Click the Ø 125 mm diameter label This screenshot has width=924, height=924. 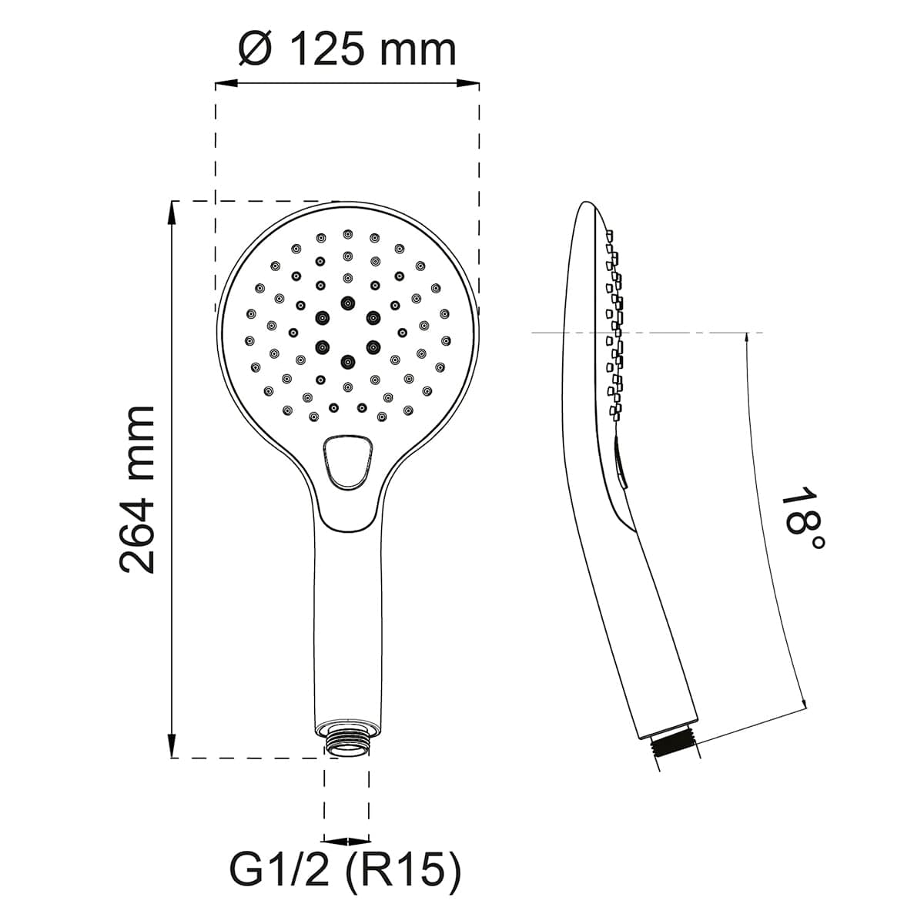pos(347,49)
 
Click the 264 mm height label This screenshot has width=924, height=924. pos(136,490)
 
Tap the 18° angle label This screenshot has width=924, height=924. pos(802,518)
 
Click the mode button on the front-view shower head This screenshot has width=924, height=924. pos(347,462)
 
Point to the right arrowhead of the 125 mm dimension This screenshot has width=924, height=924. pos(468,84)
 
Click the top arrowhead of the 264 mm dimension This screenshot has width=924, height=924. pos(171,213)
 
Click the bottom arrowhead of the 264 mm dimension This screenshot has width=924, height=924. pos(171,746)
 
